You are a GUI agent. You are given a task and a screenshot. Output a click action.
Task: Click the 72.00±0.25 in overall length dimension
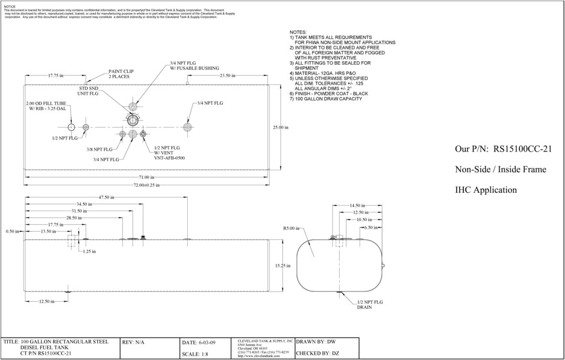pos(146,185)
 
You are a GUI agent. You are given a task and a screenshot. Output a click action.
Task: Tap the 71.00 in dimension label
pos(147,177)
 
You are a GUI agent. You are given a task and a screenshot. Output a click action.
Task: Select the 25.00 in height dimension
pos(280,127)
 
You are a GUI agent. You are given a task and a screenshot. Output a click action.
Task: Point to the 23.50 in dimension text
pos(227,75)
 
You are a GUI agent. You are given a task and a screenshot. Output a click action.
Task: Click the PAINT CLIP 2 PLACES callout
pos(121,74)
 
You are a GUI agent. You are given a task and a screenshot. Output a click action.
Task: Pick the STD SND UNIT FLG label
pos(88,91)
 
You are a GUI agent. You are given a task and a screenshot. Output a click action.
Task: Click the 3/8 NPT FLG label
pos(99,149)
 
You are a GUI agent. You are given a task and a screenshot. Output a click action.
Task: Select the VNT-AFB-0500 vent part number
pos(169,158)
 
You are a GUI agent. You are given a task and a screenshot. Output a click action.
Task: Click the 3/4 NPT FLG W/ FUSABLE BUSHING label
pos(194,65)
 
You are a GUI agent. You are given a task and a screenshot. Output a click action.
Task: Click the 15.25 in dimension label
pos(283,266)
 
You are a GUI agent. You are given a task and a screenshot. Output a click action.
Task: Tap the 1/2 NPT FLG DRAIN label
pos(369,305)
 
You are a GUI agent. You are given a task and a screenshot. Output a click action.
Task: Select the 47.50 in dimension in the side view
pos(107,197)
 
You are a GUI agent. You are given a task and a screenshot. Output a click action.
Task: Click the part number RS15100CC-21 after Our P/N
pos(522,149)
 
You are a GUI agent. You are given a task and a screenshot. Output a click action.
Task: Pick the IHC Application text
pos(486,190)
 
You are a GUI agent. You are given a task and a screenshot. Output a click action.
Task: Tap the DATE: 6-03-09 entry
pos(199,342)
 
